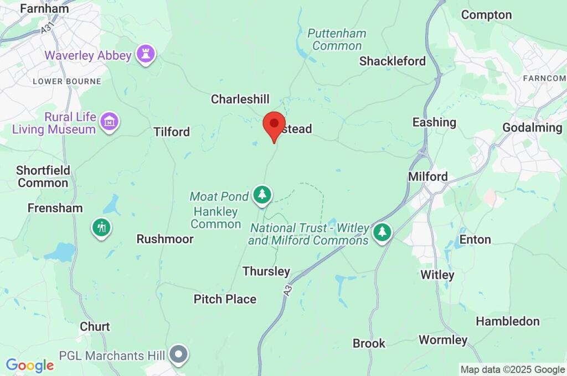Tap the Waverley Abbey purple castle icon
147,54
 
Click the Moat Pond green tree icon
262,195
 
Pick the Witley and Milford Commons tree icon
382,232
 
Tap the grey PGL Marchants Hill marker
179,353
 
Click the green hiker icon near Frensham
101,227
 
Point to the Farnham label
44,8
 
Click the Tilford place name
172,132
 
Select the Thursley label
266,271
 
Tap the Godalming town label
532,128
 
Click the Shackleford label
393,61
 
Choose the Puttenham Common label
337,39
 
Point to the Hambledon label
508,321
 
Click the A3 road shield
288,289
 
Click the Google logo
30,365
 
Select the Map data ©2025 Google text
513,369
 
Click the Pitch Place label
225,299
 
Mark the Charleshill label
240,100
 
